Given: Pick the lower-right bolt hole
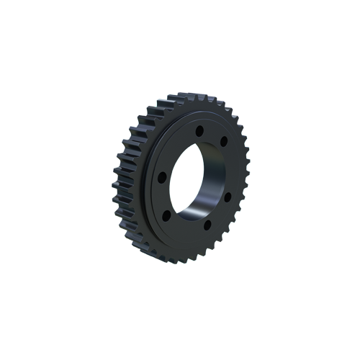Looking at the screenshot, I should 228,195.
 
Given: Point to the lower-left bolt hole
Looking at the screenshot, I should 166,215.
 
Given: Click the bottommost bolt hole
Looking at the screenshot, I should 207,225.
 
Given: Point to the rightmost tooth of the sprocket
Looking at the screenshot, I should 247,173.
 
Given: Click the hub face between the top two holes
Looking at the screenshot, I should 212,133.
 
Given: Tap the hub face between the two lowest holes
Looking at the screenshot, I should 186,223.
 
